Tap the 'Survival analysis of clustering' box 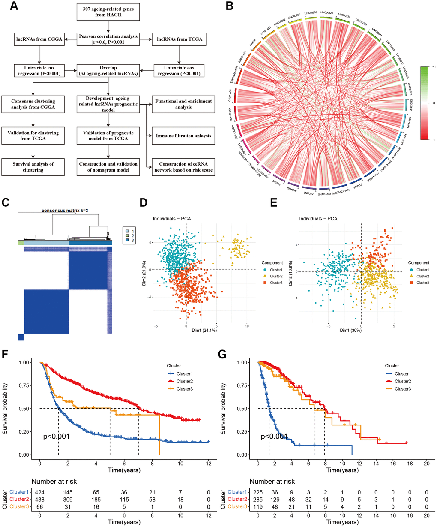pyautogui.click(x=33, y=167)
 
